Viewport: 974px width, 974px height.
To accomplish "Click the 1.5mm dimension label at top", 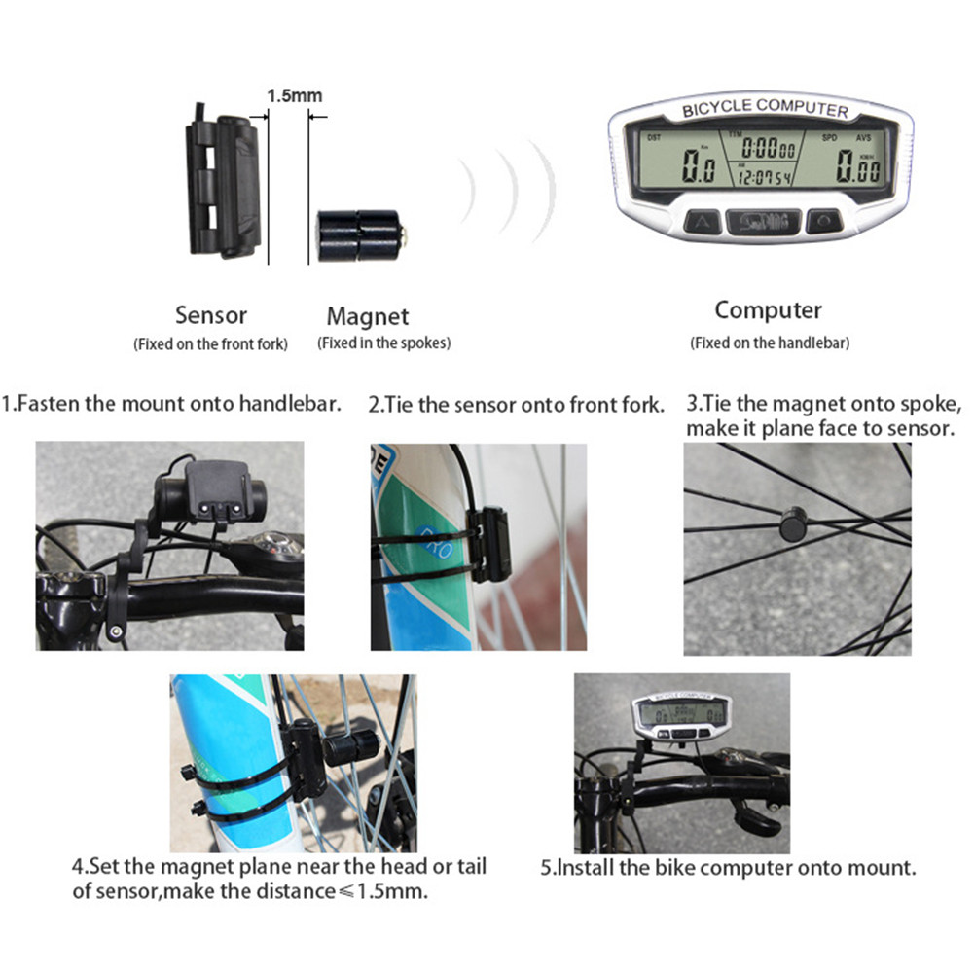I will tap(294, 95).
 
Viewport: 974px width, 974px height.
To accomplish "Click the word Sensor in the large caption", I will tap(211, 315).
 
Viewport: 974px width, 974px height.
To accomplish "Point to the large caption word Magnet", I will tap(368, 316).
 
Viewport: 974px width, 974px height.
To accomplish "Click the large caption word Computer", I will tap(768, 310).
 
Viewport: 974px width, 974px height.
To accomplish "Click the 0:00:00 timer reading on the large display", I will tap(767, 149).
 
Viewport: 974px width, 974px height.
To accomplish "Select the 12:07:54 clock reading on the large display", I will tap(763, 177).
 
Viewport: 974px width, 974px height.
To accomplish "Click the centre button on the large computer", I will tap(764, 223).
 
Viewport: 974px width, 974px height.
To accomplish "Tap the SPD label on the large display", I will tap(828, 138).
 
